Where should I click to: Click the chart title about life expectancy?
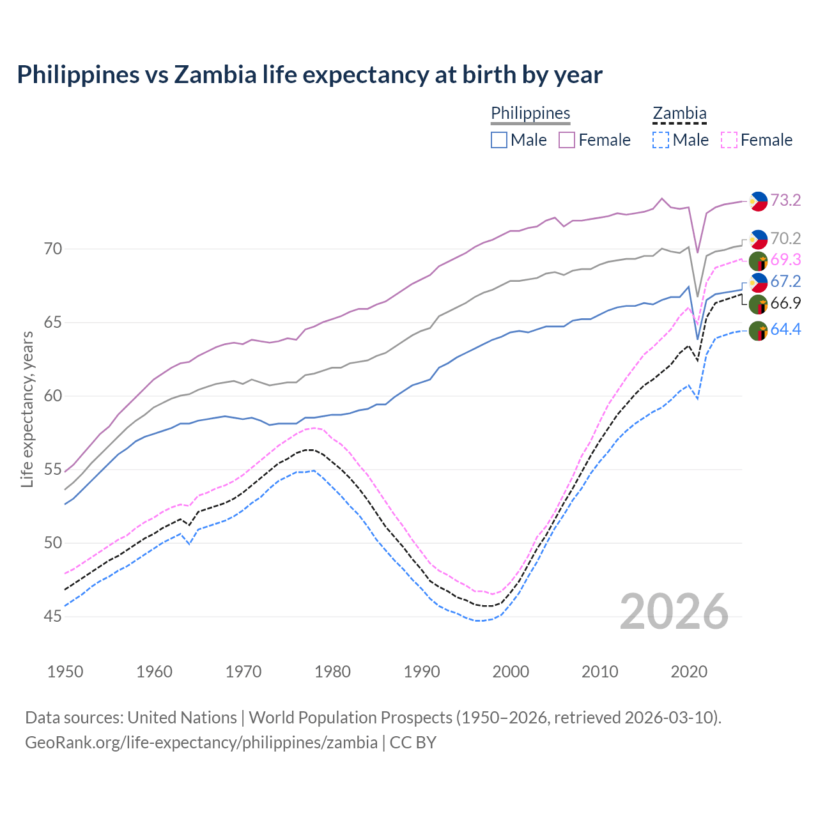309,75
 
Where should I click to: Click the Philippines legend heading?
530,113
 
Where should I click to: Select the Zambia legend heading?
679,113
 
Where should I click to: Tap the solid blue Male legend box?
499,140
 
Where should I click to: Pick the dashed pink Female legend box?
729,140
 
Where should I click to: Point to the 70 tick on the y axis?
53,249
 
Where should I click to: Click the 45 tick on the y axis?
53,617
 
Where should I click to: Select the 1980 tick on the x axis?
333,672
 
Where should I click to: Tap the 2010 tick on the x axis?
599,672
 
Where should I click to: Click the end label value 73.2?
785,201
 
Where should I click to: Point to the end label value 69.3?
785,259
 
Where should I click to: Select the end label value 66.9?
785,304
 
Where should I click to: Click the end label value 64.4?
785,330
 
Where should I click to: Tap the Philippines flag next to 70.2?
758,239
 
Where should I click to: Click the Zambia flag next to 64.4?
758,331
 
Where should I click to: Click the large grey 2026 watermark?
674,612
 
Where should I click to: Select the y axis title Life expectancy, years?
27,409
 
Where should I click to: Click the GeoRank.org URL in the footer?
201,743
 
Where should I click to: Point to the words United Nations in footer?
182,718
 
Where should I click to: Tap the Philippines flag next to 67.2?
758,282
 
